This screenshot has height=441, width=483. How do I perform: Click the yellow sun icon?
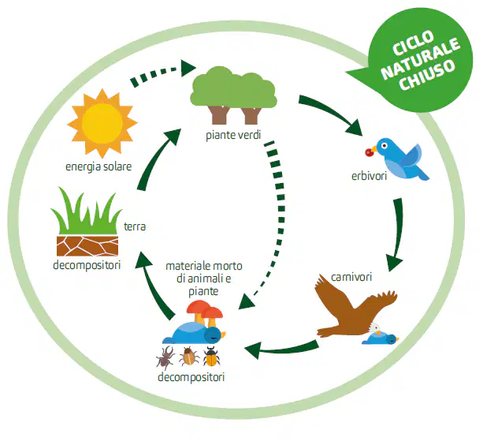102,123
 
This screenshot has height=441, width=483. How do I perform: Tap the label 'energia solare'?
98,166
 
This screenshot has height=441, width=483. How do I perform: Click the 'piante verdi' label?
233,135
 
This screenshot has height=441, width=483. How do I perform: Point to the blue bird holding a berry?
399,159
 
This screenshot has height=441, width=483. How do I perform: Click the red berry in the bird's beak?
369,152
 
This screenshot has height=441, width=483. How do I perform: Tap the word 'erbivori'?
369,176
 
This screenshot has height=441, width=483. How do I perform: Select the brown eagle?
356,308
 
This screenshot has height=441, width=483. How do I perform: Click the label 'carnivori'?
351,277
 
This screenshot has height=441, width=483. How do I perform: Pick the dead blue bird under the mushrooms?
194,333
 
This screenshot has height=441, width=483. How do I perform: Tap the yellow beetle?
211,357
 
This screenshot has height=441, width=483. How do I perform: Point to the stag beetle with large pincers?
165,357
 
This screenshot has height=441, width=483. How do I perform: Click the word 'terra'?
135,226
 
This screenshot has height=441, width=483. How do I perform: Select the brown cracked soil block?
87,246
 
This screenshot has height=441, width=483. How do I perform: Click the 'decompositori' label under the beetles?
191,377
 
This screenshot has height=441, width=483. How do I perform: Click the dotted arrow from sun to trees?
163,73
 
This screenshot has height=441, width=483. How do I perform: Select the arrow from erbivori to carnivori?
397,234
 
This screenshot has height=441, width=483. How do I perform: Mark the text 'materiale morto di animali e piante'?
204,278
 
